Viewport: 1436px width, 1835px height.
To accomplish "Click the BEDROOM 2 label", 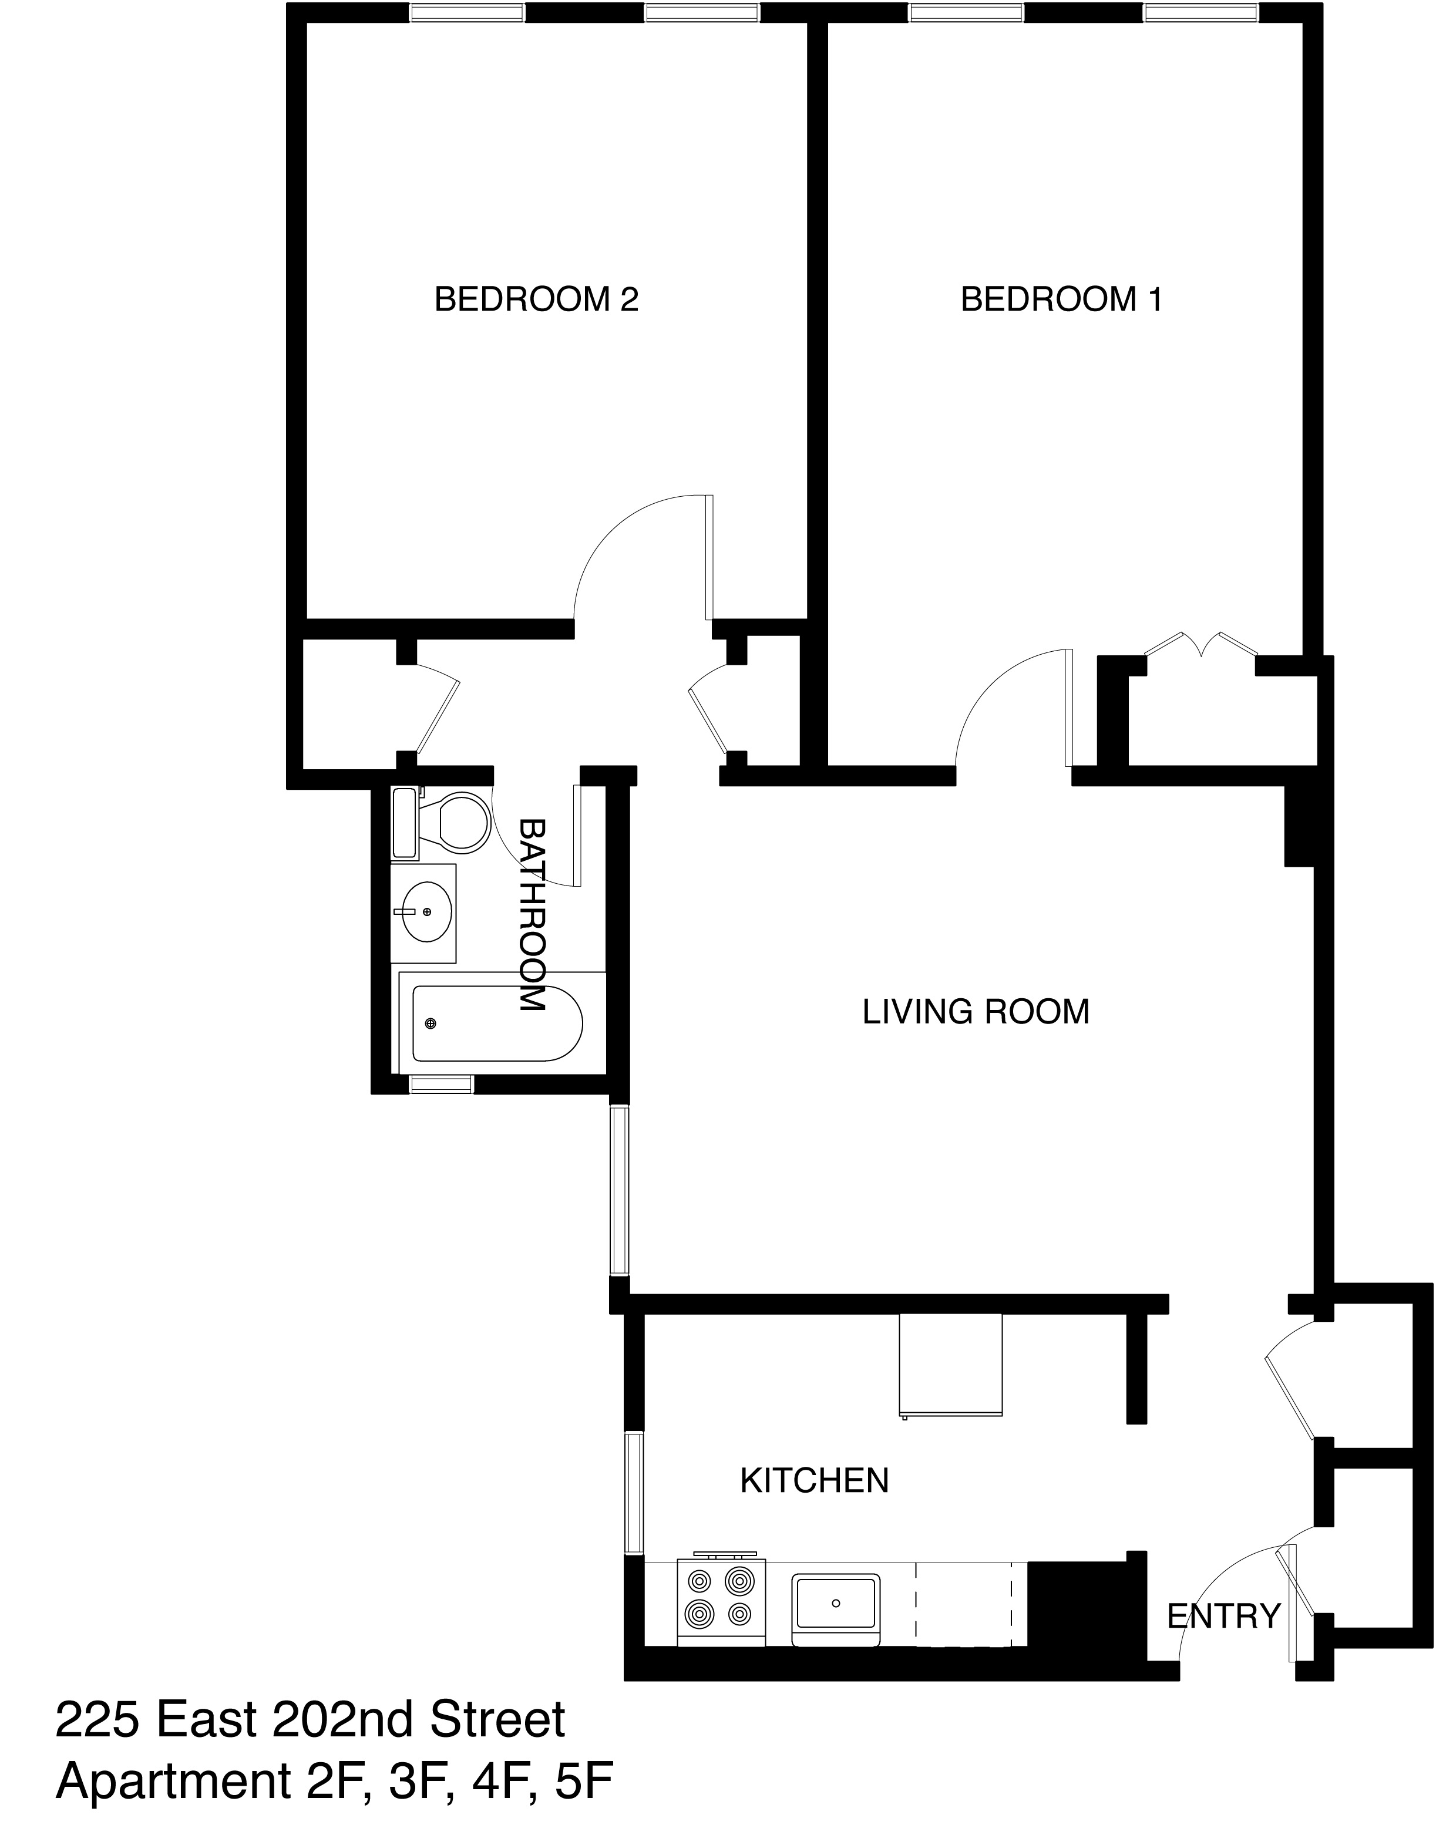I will click(x=536, y=299).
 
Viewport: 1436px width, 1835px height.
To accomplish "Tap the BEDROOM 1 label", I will click(x=1061, y=299).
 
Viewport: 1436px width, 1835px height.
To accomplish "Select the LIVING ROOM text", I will click(x=976, y=1011).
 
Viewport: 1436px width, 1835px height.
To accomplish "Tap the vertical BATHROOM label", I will click(x=532, y=914).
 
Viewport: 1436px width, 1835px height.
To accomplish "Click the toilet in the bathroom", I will click(x=454, y=821).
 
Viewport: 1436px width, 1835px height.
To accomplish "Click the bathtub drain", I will click(x=431, y=1023).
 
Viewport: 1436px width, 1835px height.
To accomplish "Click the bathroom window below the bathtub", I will click(x=440, y=1085).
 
